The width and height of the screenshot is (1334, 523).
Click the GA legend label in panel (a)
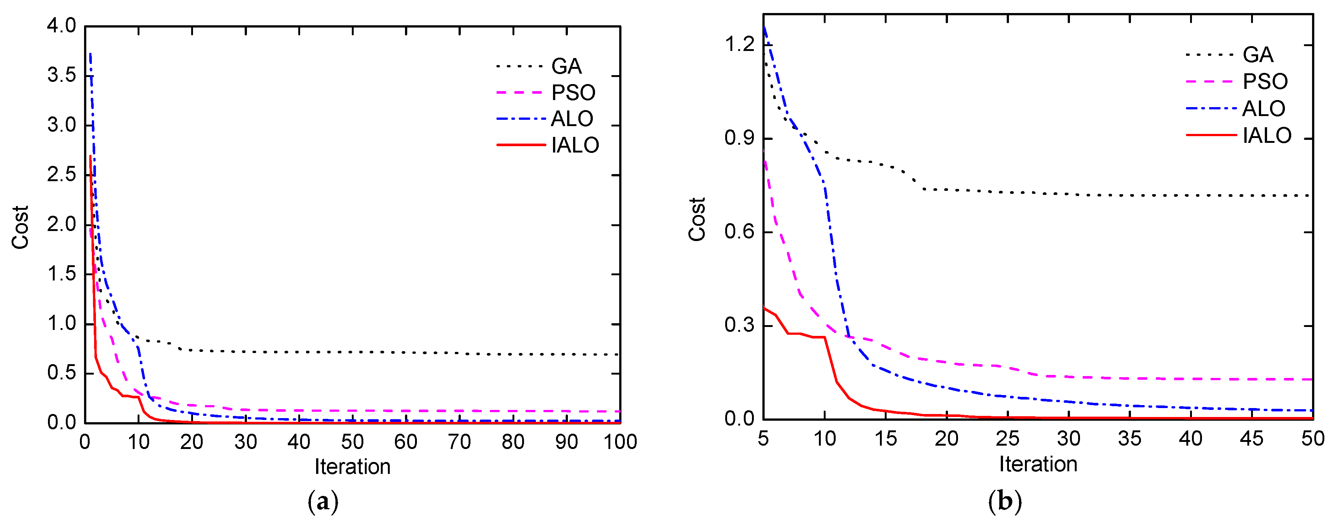566,66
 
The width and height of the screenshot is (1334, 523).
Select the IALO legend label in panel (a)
575,145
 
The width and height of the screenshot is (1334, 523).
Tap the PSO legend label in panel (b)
1264,81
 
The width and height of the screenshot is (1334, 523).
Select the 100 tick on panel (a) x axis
620,442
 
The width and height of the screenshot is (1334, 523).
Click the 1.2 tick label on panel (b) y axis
739,45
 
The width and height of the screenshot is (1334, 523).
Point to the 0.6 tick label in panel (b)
739,231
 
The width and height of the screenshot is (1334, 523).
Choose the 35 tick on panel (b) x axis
1129,439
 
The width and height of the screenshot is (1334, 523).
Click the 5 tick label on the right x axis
763,439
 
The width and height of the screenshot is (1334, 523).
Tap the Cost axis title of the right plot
697,219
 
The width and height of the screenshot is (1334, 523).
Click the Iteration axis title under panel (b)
1038,464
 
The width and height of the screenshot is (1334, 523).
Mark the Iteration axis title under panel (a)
352,466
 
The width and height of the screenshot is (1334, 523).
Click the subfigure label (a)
323,501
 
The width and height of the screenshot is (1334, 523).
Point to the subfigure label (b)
1004,501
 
